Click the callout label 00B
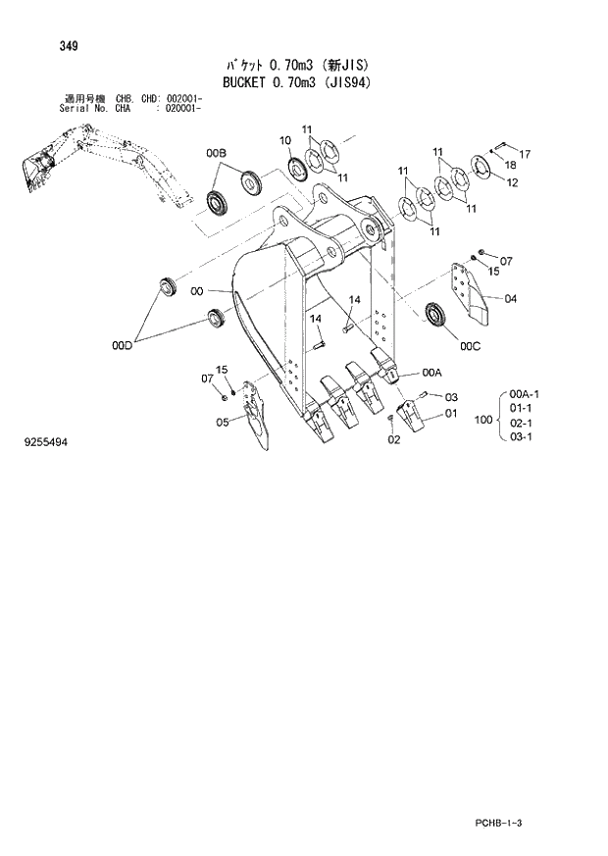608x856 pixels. tap(216, 153)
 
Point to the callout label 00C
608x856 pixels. tap(470, 344)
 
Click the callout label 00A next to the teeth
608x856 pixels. tap(432, 372)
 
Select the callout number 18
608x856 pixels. tap(509, 168)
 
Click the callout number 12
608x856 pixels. tap(512, 182)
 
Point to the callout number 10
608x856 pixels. tap(286, 139)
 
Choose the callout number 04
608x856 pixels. tap(511, 299)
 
